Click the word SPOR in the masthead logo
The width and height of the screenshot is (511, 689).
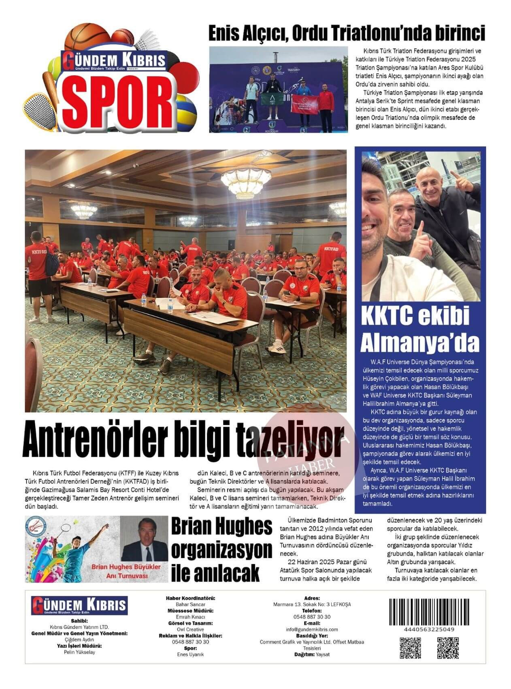(x=117, y=97)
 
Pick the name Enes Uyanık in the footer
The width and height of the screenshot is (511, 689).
(x=190, y=655)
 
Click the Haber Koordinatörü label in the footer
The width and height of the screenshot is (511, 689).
(x=190, y=598)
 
